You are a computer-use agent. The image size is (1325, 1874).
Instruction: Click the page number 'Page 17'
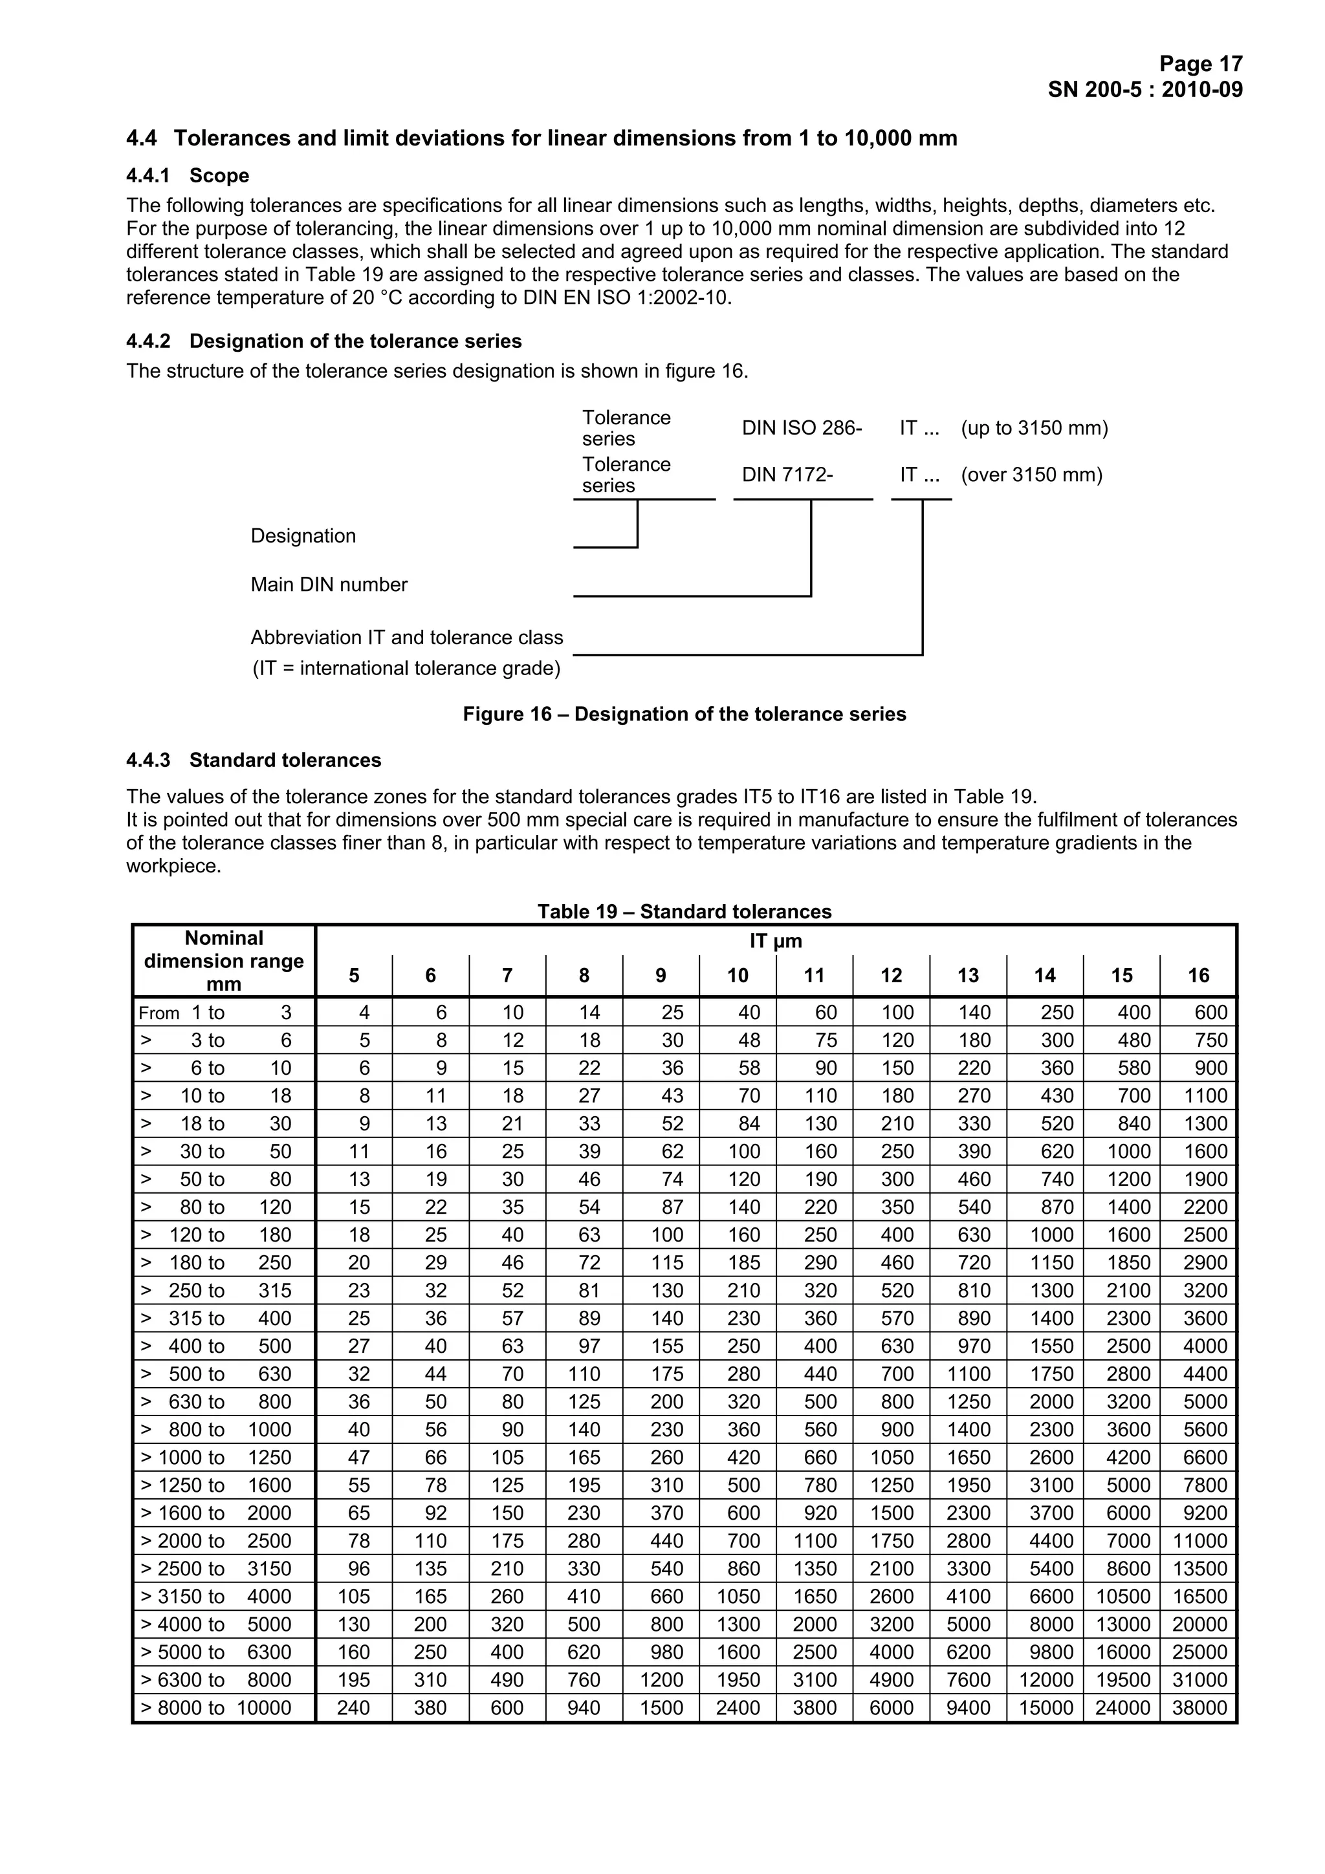click(x=1200, y=63)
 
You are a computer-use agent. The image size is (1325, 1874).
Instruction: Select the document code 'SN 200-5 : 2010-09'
click(x=1144, y=89)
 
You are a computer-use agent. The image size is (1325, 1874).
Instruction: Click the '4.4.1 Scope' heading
click(x=188, y=175)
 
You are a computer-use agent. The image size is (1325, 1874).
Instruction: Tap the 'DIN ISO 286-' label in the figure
click(x=801, y=427)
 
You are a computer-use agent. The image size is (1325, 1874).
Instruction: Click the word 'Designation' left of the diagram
click(x=303, y=535)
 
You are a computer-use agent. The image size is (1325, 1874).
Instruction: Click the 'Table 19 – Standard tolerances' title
click(x=683, y=912)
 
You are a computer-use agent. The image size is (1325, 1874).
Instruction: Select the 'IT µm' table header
click(x=776, y=941)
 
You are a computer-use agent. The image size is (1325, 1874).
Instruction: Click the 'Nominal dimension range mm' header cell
click(x=224, y=961)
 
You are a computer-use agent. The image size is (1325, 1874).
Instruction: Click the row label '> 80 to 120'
click(x=216, y=1207)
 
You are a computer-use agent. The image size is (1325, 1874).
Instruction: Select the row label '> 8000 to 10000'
click(x=216, y=1708)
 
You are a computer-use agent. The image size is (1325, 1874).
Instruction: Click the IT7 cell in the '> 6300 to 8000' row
click(x=507, y=1681)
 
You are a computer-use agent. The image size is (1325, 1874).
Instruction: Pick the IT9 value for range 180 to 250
click(x=666, y=1263)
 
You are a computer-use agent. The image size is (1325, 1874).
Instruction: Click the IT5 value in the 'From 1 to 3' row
click(x=364, y=1013)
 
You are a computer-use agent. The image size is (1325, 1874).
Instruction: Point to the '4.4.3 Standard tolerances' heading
click(x=253, y=760)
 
